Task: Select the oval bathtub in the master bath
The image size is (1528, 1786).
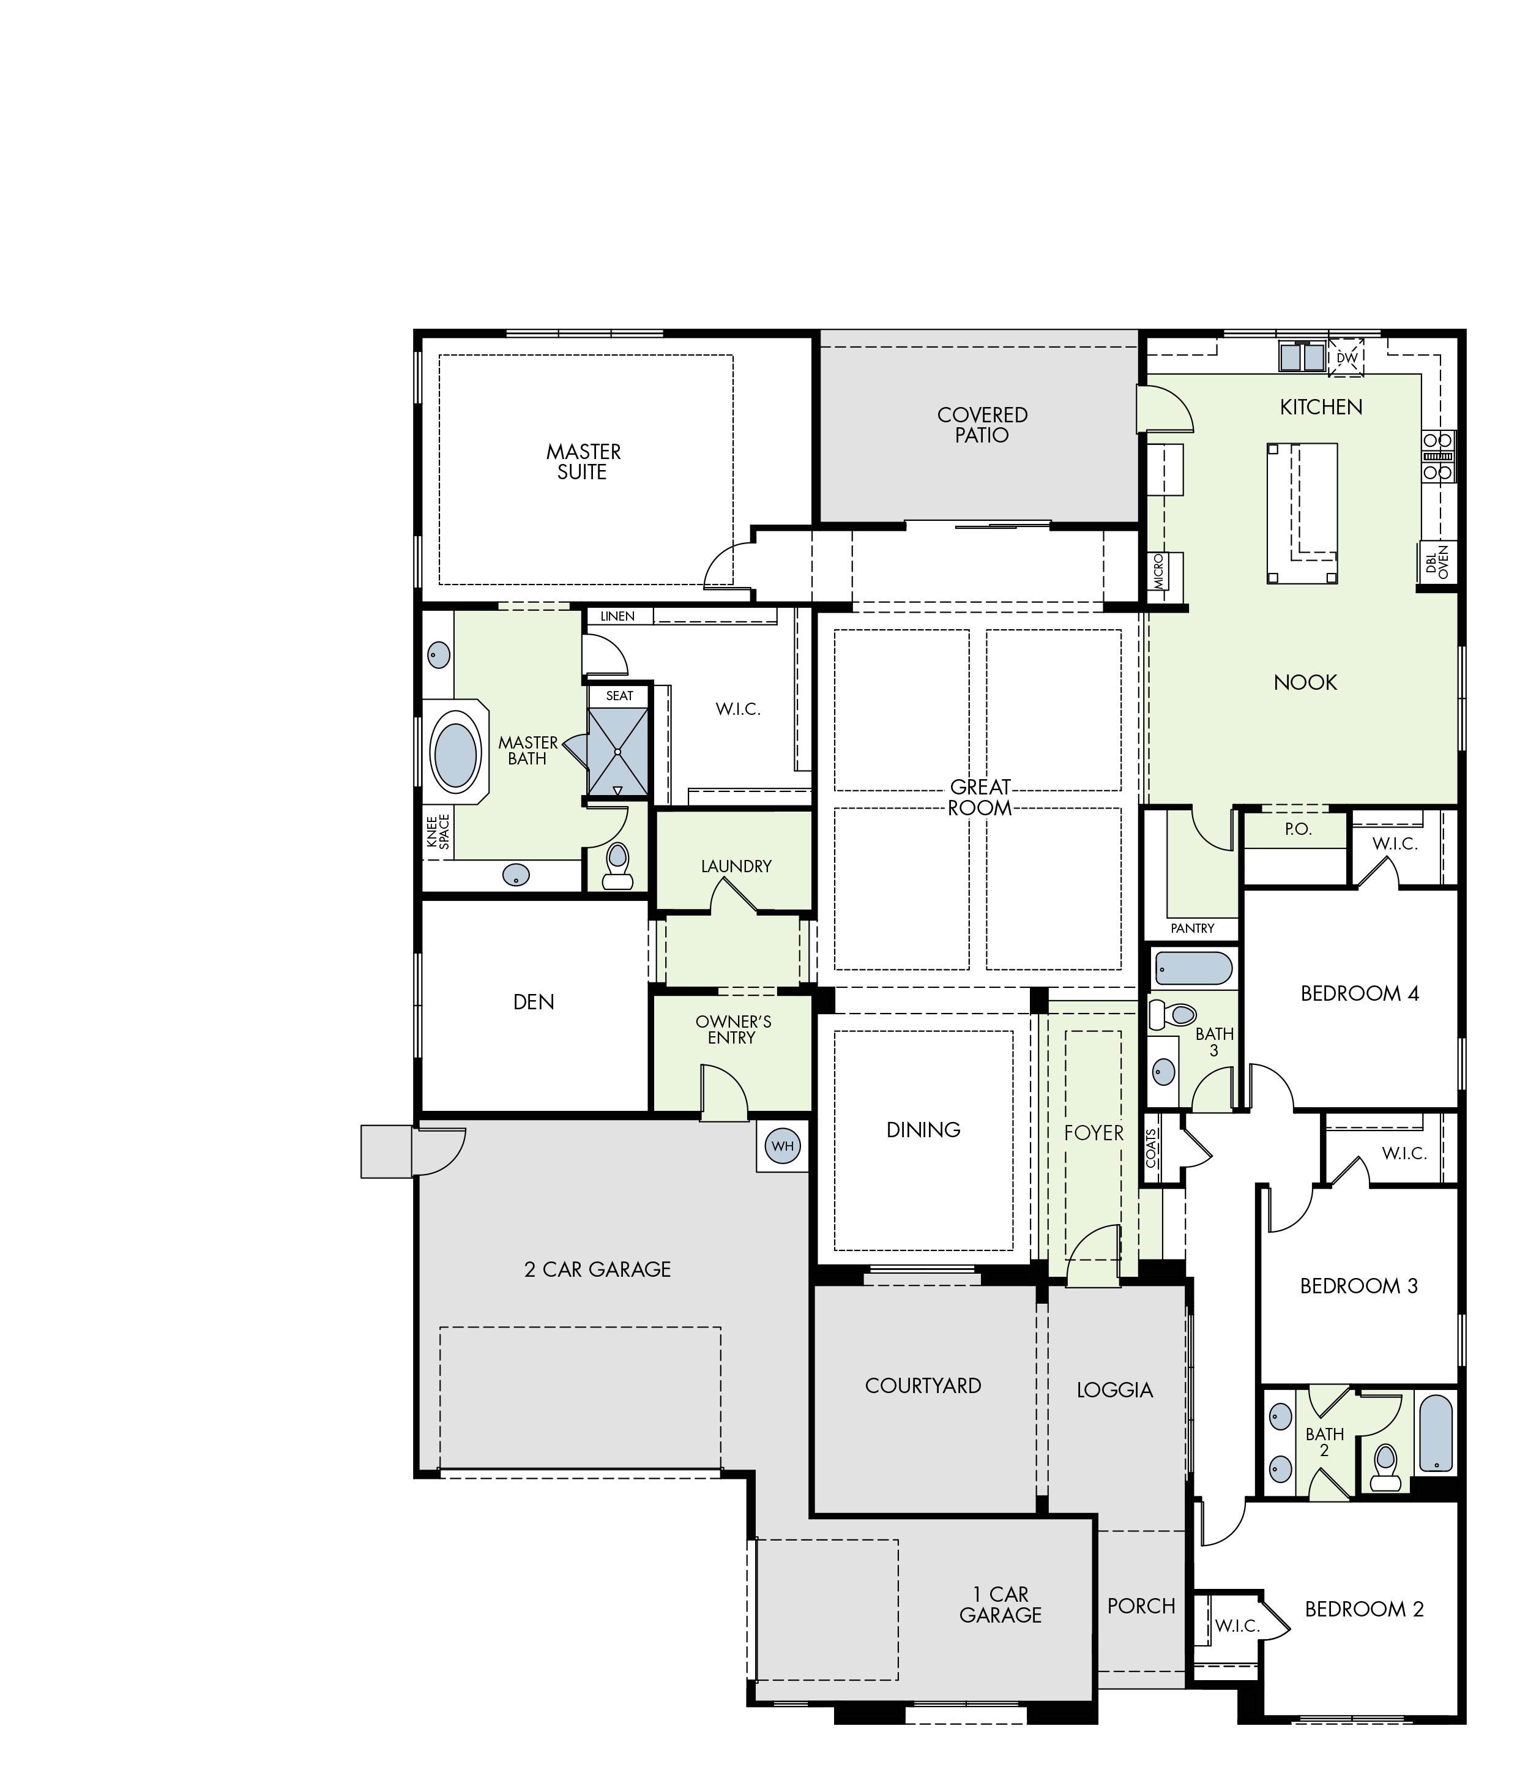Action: [x=455, y=756]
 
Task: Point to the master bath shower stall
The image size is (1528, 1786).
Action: [x=618, y=752]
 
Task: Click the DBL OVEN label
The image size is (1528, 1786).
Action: [x=1437, y=561]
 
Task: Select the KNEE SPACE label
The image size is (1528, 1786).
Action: [x=438, y=832]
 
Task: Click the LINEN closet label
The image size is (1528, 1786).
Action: [x=617, y=616]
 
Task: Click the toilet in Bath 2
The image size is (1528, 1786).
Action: [x=1385, y=1468]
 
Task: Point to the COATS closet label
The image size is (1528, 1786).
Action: [x=1152, y=1148]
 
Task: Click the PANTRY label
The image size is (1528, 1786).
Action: [x=1192, y=928]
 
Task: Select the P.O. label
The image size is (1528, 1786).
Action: [x=1298, y=829]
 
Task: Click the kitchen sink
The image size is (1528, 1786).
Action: [x=1302, y=357]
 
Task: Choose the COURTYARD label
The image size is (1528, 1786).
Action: [x=923, y=1385]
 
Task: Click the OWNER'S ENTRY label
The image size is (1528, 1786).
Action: [x=732, y=1029]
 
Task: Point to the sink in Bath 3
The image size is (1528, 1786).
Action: [x=1163, y=1072]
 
